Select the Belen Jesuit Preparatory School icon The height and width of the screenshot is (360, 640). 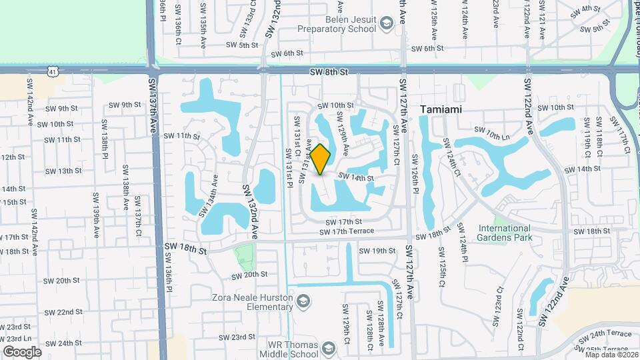(x=386, y=25)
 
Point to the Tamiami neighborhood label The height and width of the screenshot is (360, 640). (x=441, y=109)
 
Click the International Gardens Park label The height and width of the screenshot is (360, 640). (x=505, y=233)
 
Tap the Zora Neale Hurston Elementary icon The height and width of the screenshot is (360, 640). (x=304, y=303)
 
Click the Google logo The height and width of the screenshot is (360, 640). (x=22, y=352)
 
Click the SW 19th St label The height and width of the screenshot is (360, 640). (x=377, y=251)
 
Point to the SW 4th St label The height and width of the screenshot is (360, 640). (x=585, y=9)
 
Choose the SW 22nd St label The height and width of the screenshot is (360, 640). (x=64, y=312)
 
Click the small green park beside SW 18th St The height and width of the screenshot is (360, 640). (x=245, y=254)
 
